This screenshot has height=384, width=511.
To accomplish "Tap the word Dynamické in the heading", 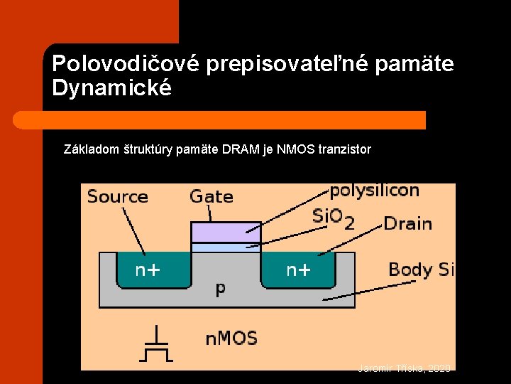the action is [112, 89].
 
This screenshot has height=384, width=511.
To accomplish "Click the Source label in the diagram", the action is [117, 197].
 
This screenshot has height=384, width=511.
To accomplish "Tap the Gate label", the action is [211, 196].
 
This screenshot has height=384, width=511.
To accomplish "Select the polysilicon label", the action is [374, 191].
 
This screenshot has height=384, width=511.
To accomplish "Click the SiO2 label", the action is [333, 217].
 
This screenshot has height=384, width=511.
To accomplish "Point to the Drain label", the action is [407, 223].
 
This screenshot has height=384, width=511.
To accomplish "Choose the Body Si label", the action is [421, 270].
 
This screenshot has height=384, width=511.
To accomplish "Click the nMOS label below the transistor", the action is [231, 338].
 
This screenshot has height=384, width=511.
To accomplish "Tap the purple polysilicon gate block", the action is [226, 232].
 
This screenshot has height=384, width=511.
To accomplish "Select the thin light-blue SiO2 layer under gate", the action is [226, 247].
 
